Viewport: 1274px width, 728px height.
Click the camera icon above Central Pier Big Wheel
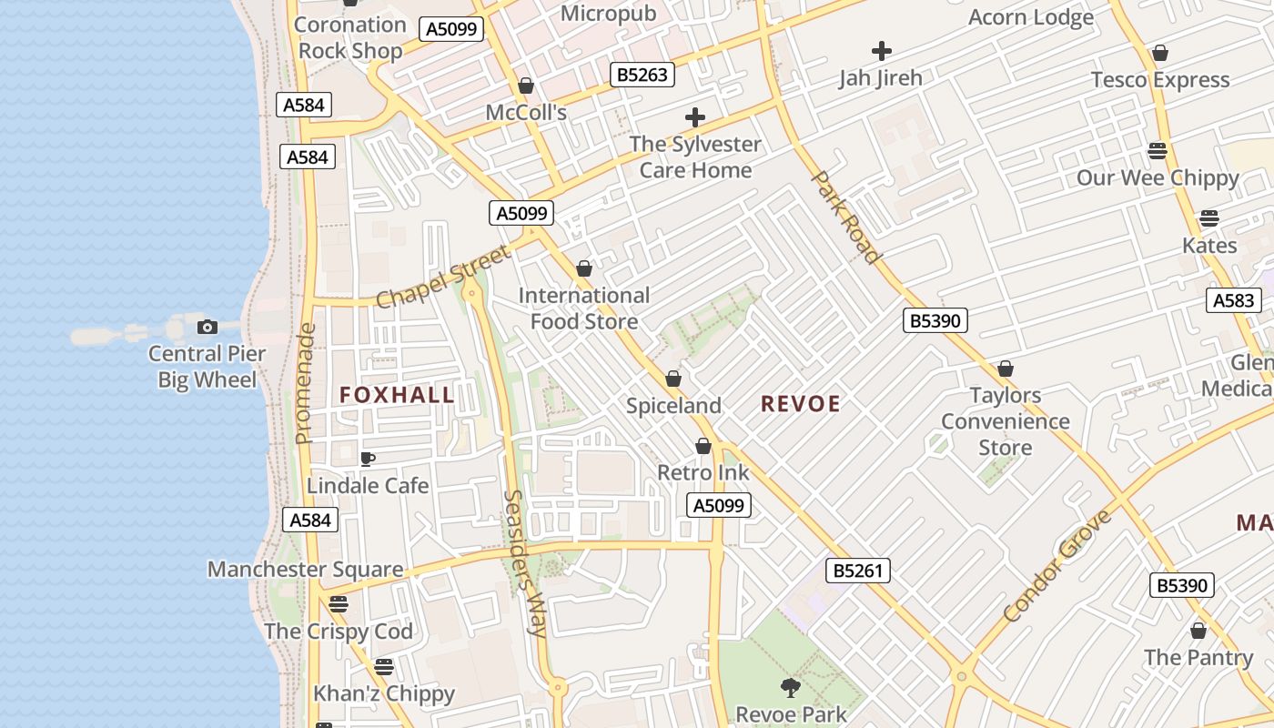point(207,327)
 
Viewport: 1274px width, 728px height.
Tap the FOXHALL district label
point(397,394)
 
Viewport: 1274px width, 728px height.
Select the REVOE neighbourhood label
point(800,403)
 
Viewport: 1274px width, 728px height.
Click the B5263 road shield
point(642,75)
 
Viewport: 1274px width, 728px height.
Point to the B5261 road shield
point(858,571)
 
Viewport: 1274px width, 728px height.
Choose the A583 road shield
point(1234,300)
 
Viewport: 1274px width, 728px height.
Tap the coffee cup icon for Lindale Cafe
point(367,459)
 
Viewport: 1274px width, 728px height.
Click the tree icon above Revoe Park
point(790,687)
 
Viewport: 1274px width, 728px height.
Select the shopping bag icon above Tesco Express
point(1159,54)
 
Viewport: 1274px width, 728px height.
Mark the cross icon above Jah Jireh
point(881,51)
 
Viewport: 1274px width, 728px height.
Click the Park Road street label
point(845,217)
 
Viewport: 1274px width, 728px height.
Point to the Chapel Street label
point(443,277)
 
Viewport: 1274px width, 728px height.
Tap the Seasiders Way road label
point(524,564)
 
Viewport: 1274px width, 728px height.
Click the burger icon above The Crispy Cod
point(339,603)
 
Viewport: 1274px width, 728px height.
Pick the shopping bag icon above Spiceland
point(673,379)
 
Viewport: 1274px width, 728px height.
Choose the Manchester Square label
point(305,570)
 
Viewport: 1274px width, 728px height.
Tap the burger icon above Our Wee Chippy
point(1158,150)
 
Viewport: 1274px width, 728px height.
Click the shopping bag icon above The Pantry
point(1198,631)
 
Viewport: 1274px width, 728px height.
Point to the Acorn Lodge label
point(1031,17)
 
